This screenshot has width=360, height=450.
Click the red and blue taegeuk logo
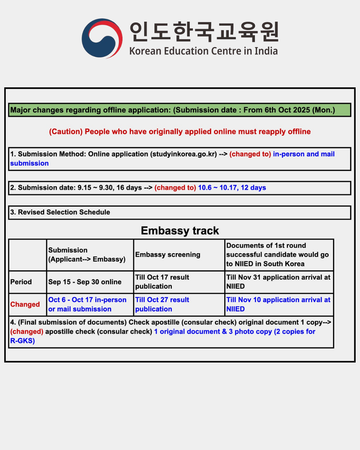[x=102, y=38]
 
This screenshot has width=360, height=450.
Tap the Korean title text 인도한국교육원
[x=204, y=32]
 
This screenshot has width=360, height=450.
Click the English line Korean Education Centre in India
[x=203, y=51]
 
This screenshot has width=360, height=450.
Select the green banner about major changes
[x=179, y=110]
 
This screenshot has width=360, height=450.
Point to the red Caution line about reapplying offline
[x=180, y=131]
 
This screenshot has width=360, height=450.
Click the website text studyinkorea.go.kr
[x=184, y=154]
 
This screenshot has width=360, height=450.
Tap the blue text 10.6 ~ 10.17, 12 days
[x=232, y=188]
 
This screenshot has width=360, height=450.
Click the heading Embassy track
[x=180, y=231]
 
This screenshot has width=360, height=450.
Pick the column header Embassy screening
[x=168, y=254]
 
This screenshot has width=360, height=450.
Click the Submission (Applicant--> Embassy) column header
[x=87, y=254]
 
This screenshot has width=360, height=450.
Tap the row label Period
[x=21, y=282]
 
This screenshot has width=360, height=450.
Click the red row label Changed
[x=25, y=304]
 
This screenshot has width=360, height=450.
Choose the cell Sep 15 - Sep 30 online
[x=85, y=282]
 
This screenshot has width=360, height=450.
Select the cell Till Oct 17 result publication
[x=162, y=282]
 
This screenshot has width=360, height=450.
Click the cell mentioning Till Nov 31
[x=278, y=282]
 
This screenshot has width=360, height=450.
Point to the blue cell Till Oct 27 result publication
[x=162, y=304]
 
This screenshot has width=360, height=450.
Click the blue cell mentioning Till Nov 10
[x=278, y=304]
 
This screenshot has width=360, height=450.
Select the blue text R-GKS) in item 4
[x=22, y=341]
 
